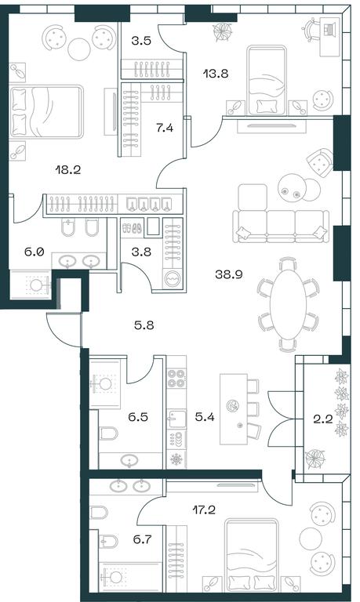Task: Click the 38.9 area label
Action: click(x=228, y=274)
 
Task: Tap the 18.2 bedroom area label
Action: click(x=68, y=169)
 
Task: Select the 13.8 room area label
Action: click(x=216, y=74)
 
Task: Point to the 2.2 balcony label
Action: click(x=322, y=419)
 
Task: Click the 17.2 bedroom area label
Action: click(x=204, y=510)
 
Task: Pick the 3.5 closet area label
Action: click(x=141, y=41)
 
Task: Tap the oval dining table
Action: click(x=288, y=303)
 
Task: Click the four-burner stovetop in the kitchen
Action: click(x=176, y=378)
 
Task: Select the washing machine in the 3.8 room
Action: click(x=172, y=277)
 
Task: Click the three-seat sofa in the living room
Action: click(x=281, y=226)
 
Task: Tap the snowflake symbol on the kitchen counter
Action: click(x=176, y=459)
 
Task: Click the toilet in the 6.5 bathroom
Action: click(x=109, y=433)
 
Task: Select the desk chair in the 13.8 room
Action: click(x=311, y=30)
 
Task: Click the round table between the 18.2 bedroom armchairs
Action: click(x=79, y=49)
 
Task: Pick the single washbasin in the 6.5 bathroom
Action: click(x=130, y=460)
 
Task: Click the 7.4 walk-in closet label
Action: click(x=165, y=128)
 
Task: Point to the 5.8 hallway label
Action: click(x=144, y=325)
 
